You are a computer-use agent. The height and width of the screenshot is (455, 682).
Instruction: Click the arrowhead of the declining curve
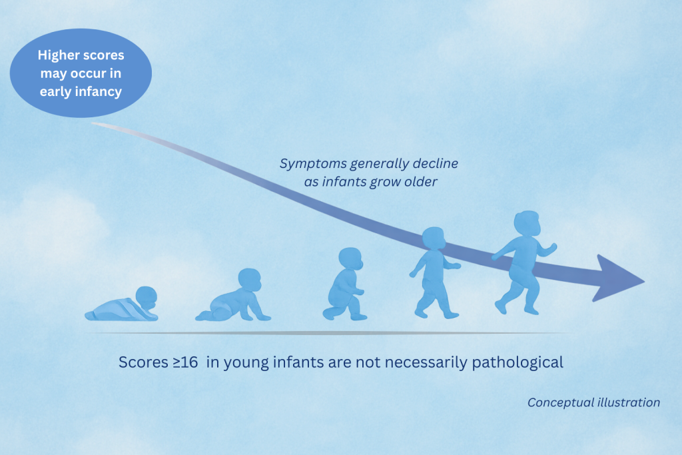(x=617, y=278)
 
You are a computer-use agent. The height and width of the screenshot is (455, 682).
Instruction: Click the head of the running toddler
(x=527, y=223)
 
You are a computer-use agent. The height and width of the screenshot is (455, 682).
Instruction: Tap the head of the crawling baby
(x=250, y=280)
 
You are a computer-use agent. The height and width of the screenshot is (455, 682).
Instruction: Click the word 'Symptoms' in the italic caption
(x=313, y=164)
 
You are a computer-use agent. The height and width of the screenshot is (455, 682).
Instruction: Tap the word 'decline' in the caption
(x=435, y=163)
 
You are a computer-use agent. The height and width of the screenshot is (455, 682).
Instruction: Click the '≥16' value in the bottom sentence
(x=185, y=362)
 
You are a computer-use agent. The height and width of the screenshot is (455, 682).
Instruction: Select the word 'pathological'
(x=517, y=362)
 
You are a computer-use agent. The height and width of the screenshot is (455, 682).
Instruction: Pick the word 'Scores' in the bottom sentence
(x=144, y=362)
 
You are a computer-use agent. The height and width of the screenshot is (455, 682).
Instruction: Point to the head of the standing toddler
(x=434, y=238)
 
